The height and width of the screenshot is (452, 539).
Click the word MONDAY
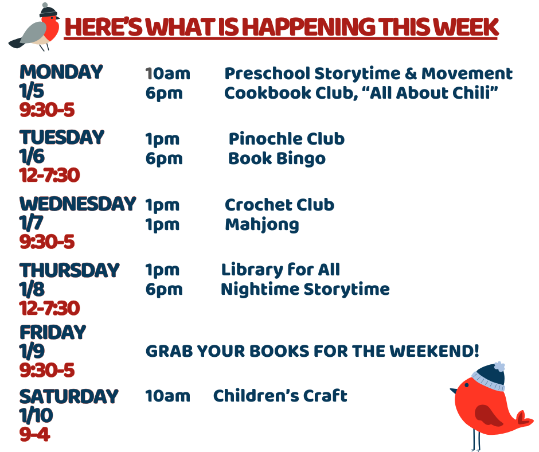click(x=61, y=72)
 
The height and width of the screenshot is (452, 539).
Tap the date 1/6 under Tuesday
click(x=32, y=156)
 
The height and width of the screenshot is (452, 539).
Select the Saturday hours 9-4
click(x=35, y=434)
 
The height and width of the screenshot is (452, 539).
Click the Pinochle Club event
click(x=286, y=139)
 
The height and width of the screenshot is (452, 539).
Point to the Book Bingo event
click(x=277, y=159)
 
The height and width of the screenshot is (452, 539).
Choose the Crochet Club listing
click(x=279, y=205)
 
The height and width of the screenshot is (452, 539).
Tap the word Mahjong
click(x=262, y=225)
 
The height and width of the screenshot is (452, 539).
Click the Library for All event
click(x=280, y=270)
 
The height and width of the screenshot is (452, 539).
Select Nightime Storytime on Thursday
click(x=305, y=290)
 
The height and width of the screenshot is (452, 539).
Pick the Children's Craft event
click(x=280, y=396)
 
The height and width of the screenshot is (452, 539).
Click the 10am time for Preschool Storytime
click(x=167, y=73)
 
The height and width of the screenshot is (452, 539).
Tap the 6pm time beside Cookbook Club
click(x=164, y=93)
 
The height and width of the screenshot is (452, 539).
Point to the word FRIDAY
click(x=53, y=332)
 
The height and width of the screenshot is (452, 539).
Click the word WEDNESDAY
click(x=77, y=204)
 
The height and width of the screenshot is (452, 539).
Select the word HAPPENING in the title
click(x=310, y=27)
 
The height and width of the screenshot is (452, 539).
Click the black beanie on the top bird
click(x=48, y=10)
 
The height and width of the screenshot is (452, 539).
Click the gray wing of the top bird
click(x=34, y=33)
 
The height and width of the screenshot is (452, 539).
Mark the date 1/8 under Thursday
click(x=32, y=289)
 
